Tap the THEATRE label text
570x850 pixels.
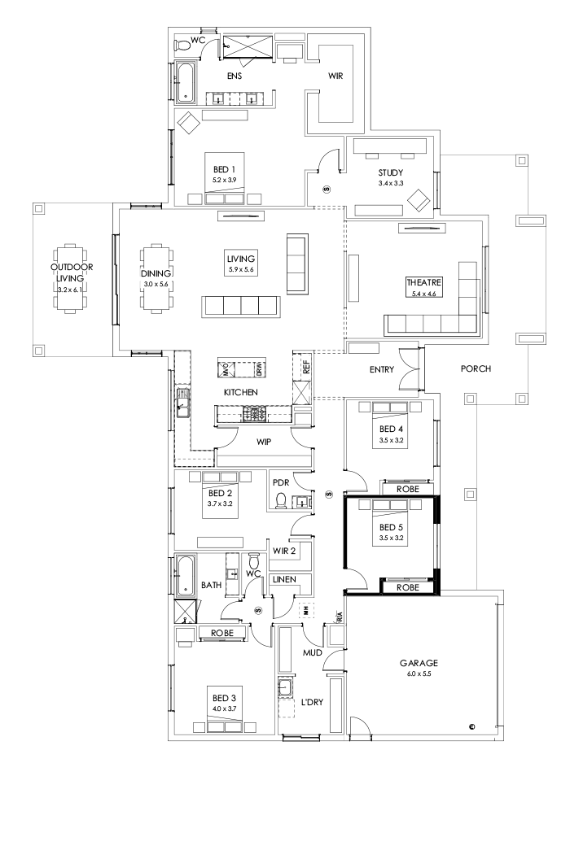423,283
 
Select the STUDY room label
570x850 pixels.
390,172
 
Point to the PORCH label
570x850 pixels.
476,368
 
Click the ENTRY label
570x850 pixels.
381,369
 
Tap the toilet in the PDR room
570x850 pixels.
282,499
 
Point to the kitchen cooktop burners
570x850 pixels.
254,415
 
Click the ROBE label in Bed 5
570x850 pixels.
407,586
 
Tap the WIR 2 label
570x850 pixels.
284,551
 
